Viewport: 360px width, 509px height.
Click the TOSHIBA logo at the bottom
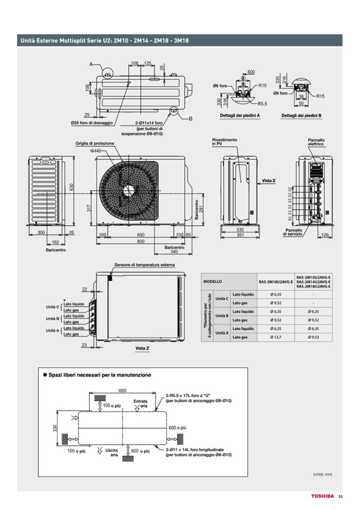[322, 496]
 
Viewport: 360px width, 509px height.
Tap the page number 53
[341, 496]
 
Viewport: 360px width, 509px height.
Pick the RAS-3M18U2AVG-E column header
[276, 281]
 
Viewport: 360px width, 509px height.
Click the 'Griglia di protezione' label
[95, 143]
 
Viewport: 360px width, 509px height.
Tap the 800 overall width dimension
[140, 241]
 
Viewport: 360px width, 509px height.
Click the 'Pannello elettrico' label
[316, 142]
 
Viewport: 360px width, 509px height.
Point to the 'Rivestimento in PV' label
[225, 142]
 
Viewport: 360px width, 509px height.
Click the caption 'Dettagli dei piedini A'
[239, 115]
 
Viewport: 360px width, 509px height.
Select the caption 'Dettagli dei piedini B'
[302, 115]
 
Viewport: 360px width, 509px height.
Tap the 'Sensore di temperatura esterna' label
[144, 265]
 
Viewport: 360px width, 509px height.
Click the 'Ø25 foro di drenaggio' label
[92, 123]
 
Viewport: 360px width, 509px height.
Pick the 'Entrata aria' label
[140, 403]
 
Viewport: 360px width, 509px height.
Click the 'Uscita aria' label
[111, 452]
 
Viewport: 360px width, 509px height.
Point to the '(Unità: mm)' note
[322, 474]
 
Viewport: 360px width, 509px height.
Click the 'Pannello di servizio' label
[293, 232]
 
